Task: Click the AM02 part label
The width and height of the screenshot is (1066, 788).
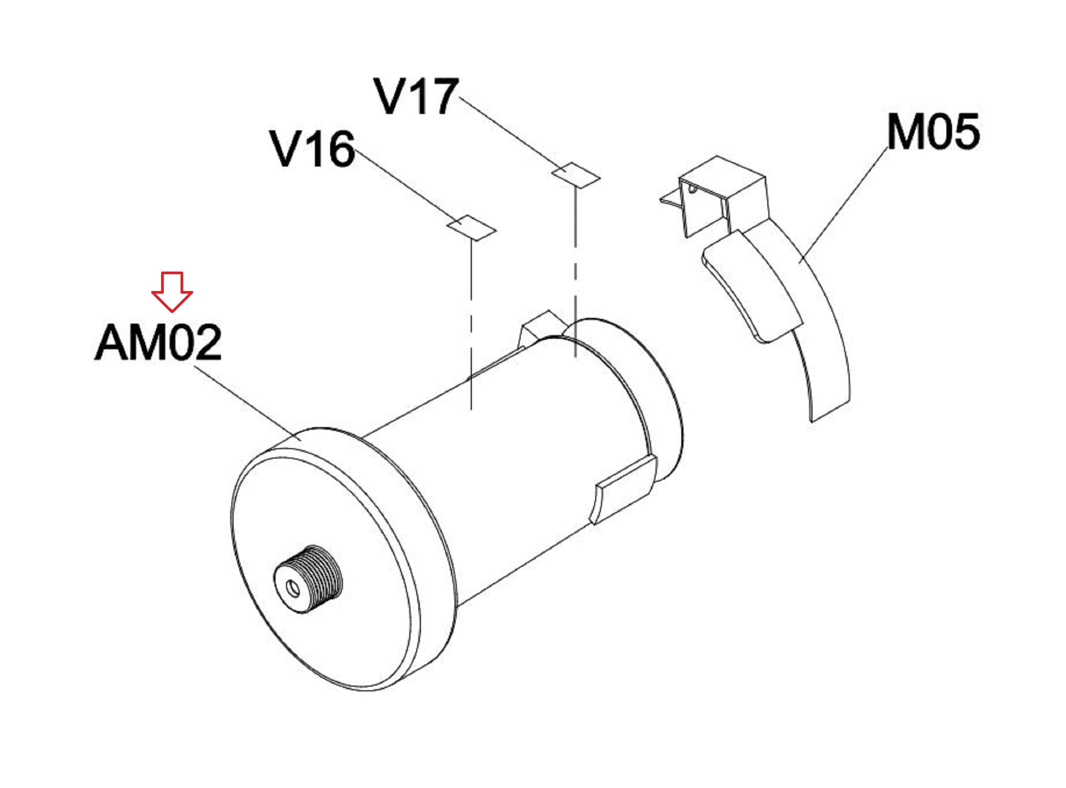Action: pos(158,343)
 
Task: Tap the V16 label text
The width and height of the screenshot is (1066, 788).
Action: pos(313,149)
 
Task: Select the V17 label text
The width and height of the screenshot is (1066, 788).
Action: pos(417,96)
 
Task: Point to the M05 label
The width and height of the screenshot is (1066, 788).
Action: pos(933,131)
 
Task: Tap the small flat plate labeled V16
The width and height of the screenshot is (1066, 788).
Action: pos(471,227)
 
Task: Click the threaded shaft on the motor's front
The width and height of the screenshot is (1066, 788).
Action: pos(309,578)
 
